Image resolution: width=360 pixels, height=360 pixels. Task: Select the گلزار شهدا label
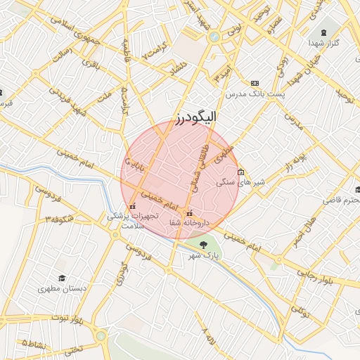tap(323, 44)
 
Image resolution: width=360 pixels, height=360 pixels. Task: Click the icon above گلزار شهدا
tap(324, 32)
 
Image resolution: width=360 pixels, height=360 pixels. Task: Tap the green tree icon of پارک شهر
tap(203, 245)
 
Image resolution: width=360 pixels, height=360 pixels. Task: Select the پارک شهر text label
tap(203, 255)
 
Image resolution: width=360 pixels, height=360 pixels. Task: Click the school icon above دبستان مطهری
tap(62, 278)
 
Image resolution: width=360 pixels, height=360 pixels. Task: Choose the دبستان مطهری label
tap(63, 289)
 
